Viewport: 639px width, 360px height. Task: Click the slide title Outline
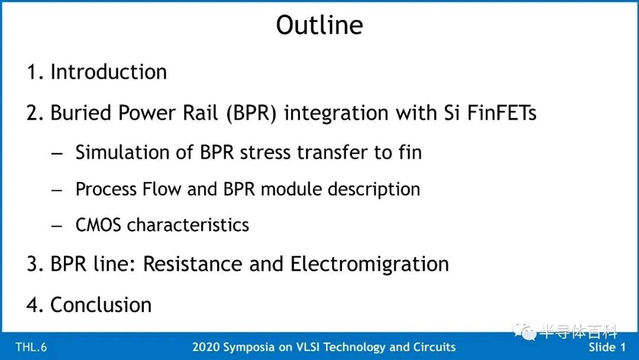[x=319, y=25]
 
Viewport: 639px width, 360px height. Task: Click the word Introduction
[x=108, y=72]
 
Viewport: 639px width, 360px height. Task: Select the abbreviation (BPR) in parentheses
[x=251, y=113]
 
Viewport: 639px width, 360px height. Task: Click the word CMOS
[x=98, y=225]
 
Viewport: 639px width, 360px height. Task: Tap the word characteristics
[x=188, y=224]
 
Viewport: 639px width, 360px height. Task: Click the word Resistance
[x=193, y=263]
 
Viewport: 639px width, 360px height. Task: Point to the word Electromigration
[x=369, y=263]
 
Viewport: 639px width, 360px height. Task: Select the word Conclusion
[x=101, y=304]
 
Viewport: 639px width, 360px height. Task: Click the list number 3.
[x=32, y=263]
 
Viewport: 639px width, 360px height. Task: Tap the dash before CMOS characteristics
[x=57, y=226]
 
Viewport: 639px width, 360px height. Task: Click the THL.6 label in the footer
[x=31, y=347]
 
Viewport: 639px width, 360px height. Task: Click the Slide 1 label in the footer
[x=607, y=347]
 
